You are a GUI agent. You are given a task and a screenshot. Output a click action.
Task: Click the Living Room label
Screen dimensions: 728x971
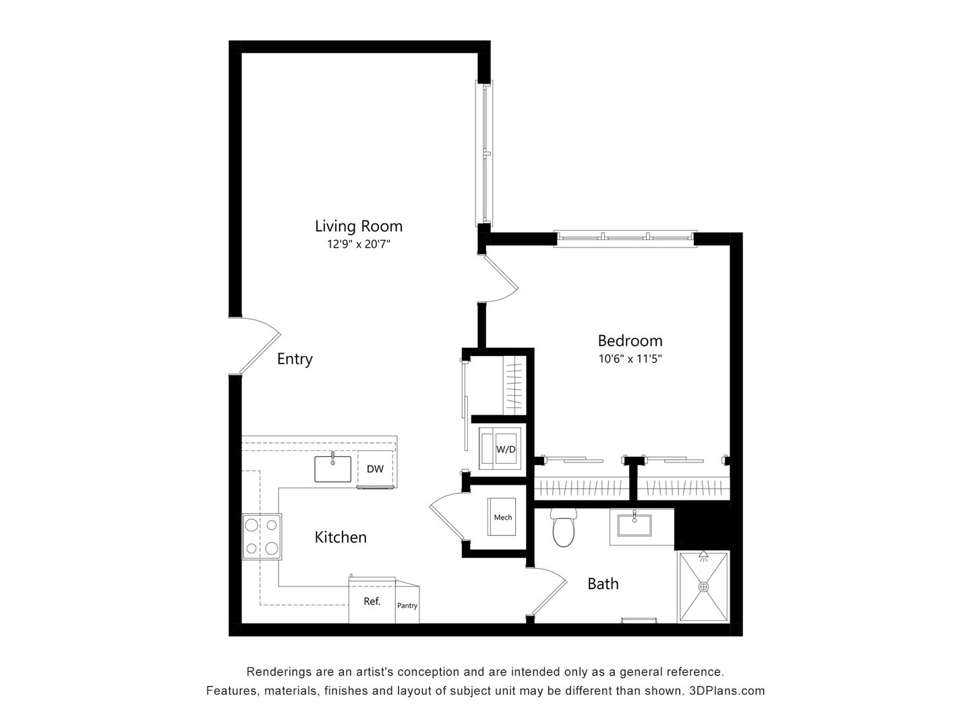pos(358,226)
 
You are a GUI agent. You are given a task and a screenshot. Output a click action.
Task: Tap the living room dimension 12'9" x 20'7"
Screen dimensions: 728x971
pos(359,245)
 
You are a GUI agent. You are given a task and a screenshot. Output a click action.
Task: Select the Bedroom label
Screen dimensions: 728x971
pos(630,340)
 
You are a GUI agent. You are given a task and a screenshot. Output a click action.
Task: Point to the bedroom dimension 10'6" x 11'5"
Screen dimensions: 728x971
pos(630,359)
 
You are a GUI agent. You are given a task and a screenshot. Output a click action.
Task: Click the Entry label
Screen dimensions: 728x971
pos(295,359)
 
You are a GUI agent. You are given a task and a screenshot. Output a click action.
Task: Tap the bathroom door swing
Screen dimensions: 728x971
pos(548,590)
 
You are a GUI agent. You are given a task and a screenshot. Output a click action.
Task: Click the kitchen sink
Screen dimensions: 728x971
pos(332,468)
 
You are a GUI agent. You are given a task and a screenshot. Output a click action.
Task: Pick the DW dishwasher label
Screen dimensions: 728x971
pos(375,468)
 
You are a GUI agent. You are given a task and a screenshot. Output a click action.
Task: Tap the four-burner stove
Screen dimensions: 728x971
pos(262,537)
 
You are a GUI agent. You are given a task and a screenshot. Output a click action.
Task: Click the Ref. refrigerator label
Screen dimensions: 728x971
pos(372,601)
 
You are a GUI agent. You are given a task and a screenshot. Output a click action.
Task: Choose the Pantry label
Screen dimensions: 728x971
pos(407,605)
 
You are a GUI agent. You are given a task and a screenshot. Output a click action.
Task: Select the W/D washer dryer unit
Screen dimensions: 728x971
pos(500,448)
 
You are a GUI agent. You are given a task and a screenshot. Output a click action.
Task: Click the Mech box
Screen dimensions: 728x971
pos(502,518)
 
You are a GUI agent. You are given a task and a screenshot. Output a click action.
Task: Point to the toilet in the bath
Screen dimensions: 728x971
pos(562,528)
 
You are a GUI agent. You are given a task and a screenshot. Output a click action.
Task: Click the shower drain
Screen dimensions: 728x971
pos(704,586)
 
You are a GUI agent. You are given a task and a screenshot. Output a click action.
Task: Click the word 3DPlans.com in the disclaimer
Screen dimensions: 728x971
pos(726,691)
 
